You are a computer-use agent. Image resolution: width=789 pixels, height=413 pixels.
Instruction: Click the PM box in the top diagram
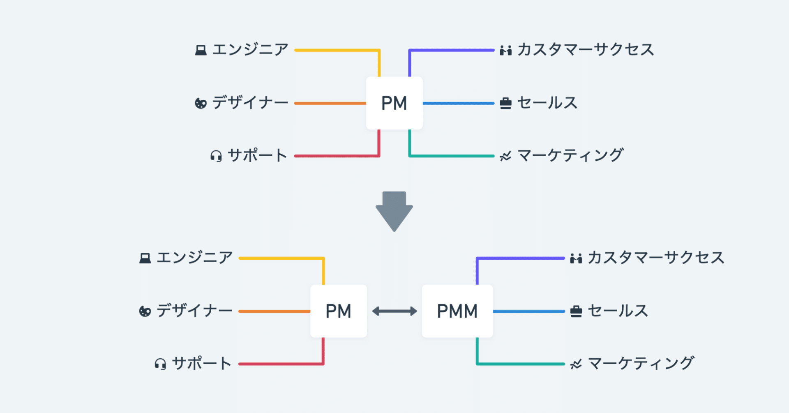pos(394,103)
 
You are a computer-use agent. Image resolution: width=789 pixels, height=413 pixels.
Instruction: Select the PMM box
pos(457,311)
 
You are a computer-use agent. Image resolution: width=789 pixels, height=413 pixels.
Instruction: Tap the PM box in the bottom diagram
pos(338,311)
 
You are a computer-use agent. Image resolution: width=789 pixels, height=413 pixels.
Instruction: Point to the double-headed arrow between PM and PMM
pos(394,311)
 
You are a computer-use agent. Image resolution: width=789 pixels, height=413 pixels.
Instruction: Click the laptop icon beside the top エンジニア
pos(201,50)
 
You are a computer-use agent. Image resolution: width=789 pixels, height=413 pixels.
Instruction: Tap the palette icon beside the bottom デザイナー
pos(145,311)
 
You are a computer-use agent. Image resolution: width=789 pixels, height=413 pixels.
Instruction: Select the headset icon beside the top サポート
pos(216,156)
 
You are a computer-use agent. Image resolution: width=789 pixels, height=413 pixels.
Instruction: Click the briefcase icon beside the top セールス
pos(505,103)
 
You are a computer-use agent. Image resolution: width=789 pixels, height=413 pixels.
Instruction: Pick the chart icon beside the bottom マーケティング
pos(576,364)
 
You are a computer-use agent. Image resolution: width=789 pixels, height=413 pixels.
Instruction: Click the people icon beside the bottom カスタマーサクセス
pos(576,258)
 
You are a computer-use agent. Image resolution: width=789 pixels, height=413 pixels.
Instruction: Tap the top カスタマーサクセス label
pos(585,50)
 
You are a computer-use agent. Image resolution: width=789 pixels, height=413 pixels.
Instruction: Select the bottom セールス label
pos(618,311)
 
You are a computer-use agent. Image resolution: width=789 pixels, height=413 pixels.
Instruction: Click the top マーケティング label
pos(570,155)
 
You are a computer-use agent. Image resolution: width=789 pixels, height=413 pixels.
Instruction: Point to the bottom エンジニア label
pos(194,258)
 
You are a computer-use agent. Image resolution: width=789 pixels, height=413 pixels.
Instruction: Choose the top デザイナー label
pos(250,103)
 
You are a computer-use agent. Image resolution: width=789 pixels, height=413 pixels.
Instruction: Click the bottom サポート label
pos(201,364)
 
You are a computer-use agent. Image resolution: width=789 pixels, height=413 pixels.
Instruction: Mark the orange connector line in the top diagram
pos(330,103)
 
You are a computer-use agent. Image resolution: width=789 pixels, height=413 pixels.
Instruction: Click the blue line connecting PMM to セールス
pos(529,311)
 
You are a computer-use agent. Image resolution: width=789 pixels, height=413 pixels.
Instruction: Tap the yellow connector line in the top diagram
pos(337,50)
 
